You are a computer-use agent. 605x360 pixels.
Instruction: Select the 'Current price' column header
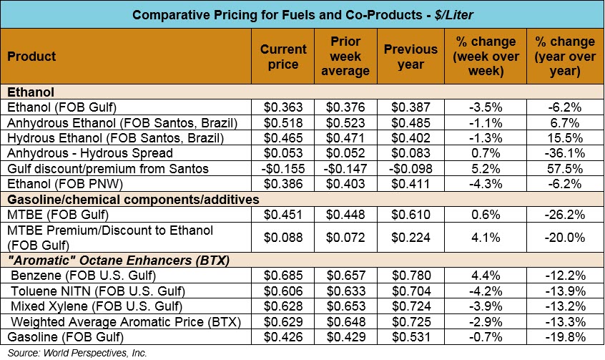284,56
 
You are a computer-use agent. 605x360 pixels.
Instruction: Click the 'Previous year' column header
410,56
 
